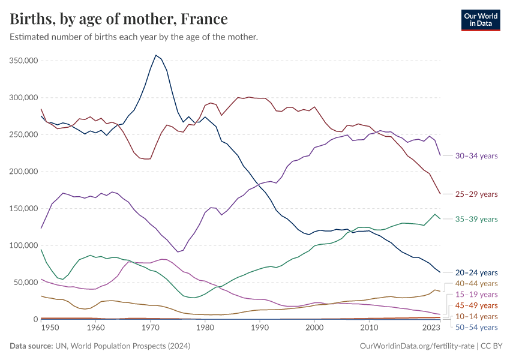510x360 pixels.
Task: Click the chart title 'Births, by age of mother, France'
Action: point(119,19)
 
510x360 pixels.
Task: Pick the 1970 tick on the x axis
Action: point(150,328)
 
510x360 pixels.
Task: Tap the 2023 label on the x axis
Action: point(431,328)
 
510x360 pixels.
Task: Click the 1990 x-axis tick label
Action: point(259,328)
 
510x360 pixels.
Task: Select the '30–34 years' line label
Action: point(476,156)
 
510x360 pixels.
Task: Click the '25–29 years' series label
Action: point(476,194)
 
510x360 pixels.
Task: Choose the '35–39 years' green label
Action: point(476,219)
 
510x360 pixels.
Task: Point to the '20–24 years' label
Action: point(476,272)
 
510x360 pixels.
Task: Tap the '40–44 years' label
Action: point(476,283)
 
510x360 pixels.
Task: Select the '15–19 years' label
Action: point(476,295)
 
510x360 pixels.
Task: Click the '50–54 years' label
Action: point(476,328)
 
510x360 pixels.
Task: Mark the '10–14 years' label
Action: point(476,316)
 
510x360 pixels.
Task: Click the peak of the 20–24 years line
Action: point(156,55)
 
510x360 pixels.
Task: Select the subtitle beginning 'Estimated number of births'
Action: point(134,37)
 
